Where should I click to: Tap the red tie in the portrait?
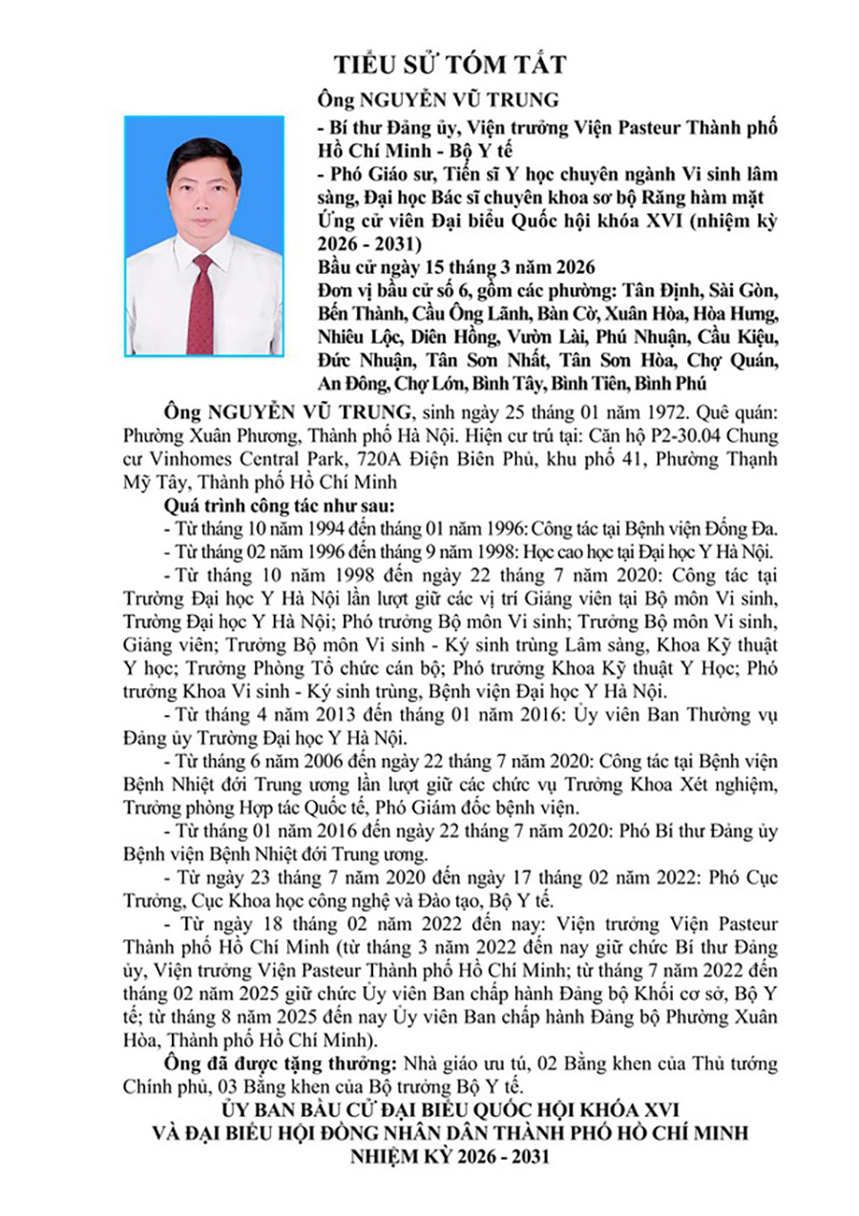click(x=200, y=304)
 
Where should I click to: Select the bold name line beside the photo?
click(x=442, y=100)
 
